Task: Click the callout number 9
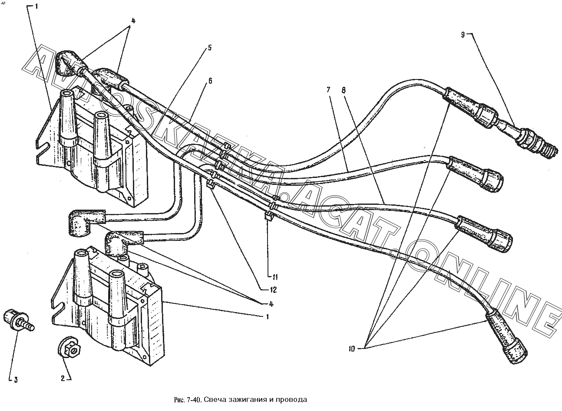tap(463, 35)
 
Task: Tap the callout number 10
tap(352, 349)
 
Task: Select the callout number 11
tap(275, 277)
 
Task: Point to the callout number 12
tap(273, 290)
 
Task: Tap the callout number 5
tap(210, 48)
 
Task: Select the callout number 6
tap(210, 81)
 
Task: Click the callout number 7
tap(329, 89)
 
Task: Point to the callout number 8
tap(344, 90)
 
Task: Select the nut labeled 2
tap(69, 348)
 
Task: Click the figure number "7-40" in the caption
tap(193, 400)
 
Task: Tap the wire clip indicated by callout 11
tap(268, 216)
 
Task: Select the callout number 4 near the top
tap(133, 21)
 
